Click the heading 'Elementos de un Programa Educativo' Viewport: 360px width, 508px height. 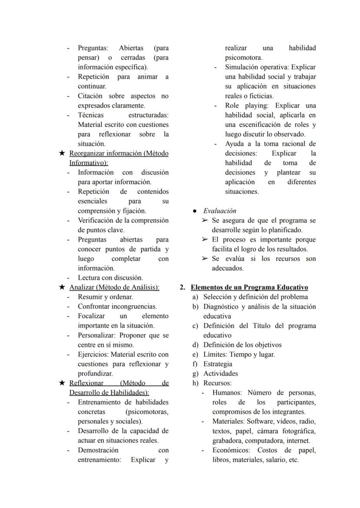(249, 288)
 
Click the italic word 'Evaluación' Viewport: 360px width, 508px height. (220, 211)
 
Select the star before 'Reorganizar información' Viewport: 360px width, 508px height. (62, 153)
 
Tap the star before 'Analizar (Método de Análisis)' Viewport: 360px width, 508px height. (62, 288)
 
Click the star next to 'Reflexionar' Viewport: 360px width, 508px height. (62, 383)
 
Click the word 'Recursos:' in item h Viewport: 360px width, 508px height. (217, 383)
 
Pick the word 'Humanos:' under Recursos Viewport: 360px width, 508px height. (227, 393)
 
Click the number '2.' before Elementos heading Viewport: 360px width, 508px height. (183, 288)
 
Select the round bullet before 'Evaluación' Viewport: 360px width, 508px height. (196, 211)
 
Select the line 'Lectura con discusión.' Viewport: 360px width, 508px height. (110, 278)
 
